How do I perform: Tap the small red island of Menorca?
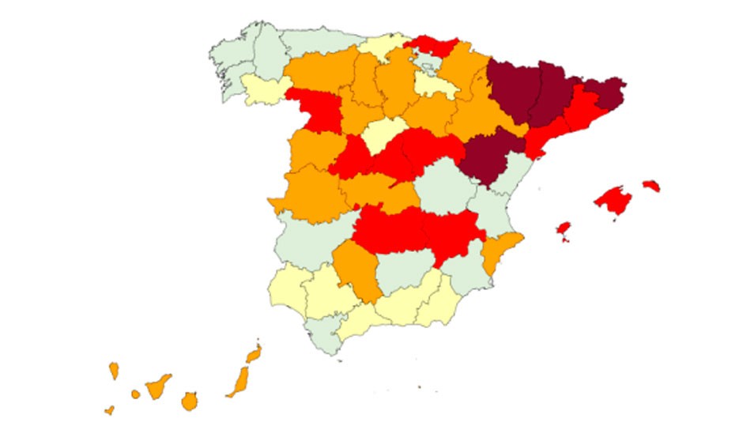(651, 186)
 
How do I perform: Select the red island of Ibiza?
(564, 228)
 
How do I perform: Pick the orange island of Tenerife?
(159, 385)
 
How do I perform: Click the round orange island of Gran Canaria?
(189, 401)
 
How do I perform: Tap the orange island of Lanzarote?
(254, 352)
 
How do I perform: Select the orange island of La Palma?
(114, 370)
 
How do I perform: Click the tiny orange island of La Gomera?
(135, 394)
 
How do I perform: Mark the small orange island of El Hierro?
(109, 410)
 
